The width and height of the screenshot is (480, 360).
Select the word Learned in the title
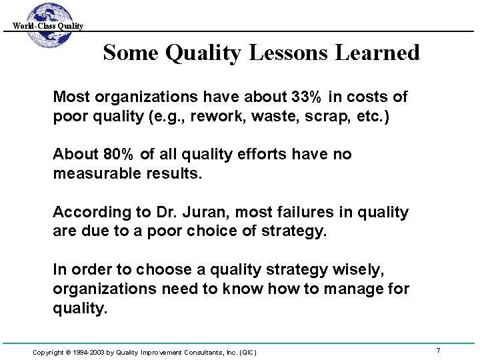point(381,52)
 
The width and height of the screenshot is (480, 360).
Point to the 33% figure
point(303,97)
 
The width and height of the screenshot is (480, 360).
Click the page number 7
point(438,350)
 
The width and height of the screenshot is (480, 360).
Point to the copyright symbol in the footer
point(69,351)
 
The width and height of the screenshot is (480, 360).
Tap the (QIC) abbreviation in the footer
point(246,351)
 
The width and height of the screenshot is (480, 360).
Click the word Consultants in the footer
point(192,351)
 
